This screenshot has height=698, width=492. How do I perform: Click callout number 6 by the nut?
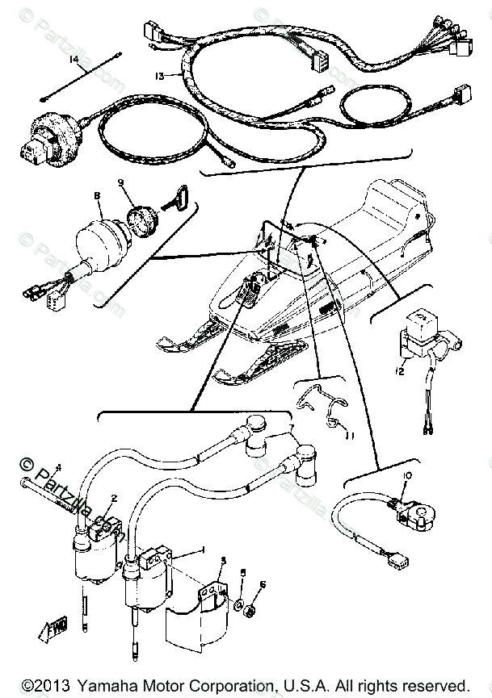coord(263,584)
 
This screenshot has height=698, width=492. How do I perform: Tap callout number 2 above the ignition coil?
coord(115,499)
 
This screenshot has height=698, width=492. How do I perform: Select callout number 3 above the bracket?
coord(223,560)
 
